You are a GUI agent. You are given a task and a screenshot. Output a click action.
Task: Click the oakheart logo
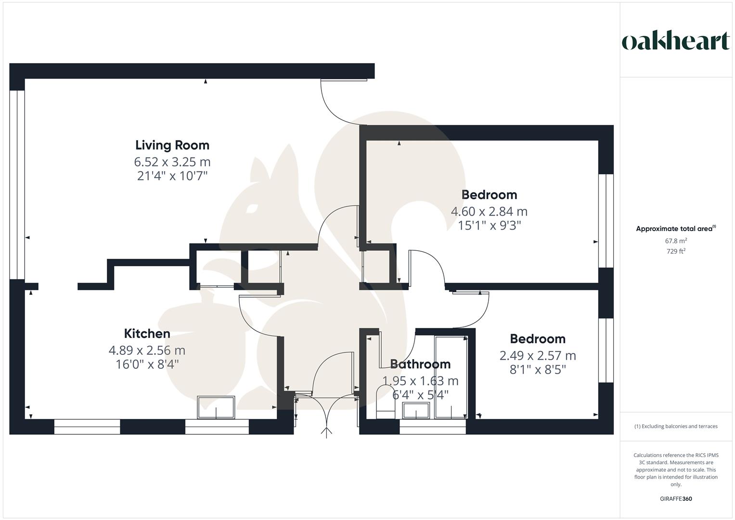coord(676,41)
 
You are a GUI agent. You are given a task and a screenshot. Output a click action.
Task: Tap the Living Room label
coord(172,145)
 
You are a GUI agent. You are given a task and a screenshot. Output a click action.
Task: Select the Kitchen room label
coord(147,334)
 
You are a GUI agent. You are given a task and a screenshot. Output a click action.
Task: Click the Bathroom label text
coord(420,364)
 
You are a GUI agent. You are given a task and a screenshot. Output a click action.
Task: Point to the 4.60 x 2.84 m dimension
coord(489,211)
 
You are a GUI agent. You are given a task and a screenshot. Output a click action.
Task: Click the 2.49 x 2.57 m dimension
coord(537,356)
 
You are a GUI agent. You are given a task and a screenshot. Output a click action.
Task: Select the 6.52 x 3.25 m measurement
coord(172,162)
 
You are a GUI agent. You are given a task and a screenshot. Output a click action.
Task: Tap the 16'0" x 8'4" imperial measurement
coord(147,364)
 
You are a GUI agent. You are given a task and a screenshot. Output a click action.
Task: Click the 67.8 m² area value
coord(676,241)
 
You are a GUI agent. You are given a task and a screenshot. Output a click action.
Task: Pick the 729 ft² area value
coord(676,251)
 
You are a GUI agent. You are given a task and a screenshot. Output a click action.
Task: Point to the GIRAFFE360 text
coord(676,499)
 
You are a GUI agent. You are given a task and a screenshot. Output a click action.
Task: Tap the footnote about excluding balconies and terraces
coord(676,426)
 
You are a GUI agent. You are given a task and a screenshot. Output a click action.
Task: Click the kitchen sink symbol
coord(216,407)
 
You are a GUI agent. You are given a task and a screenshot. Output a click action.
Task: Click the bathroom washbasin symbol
coord(416,411)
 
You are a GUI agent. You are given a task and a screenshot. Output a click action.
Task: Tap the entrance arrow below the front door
coord(326,432)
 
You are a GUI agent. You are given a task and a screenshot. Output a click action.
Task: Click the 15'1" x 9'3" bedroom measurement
coord(489,225)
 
